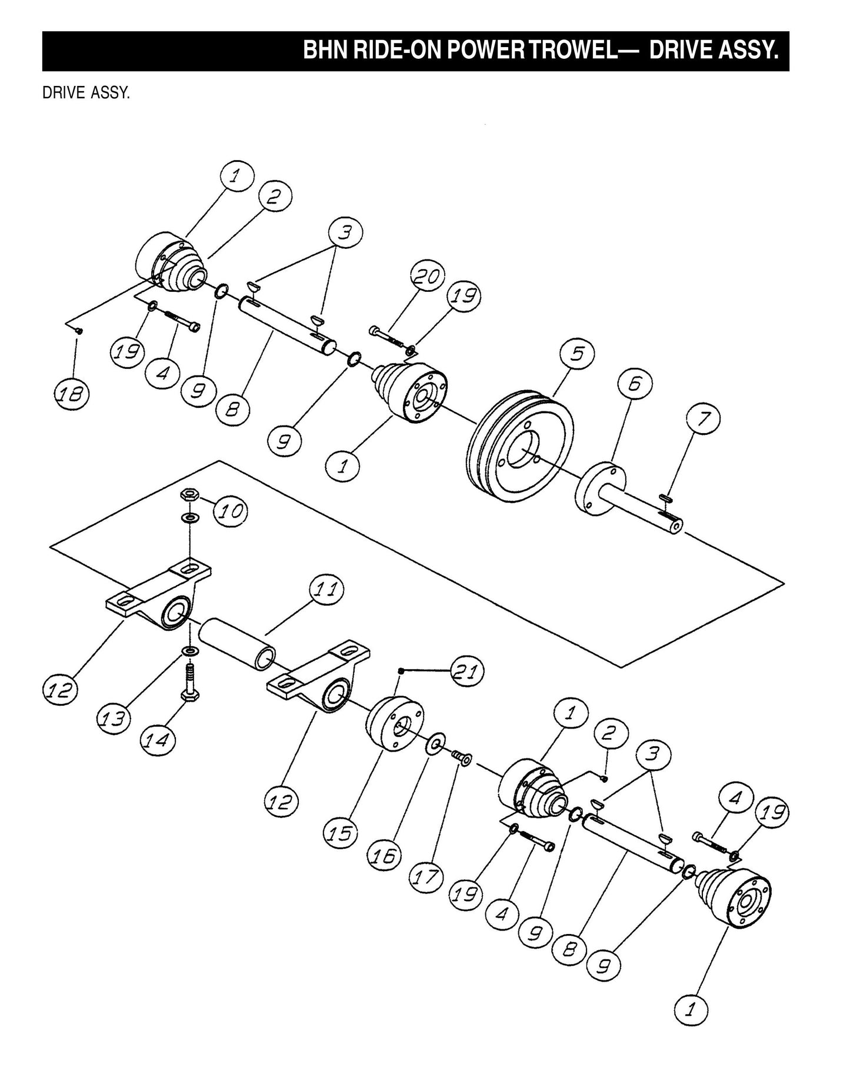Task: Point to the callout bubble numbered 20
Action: [x=428, y=277]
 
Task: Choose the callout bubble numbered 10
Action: [x=230, y=511]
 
